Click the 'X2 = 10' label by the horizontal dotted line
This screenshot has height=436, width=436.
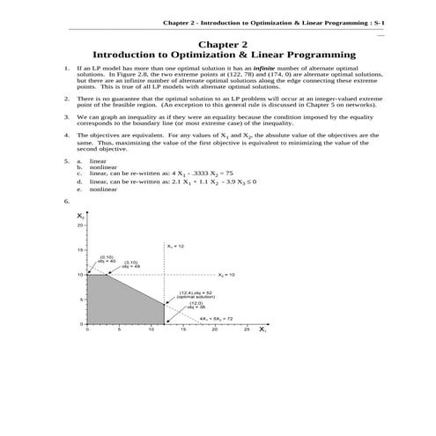point(227,275)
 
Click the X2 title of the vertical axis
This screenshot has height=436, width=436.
point(80,216)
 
